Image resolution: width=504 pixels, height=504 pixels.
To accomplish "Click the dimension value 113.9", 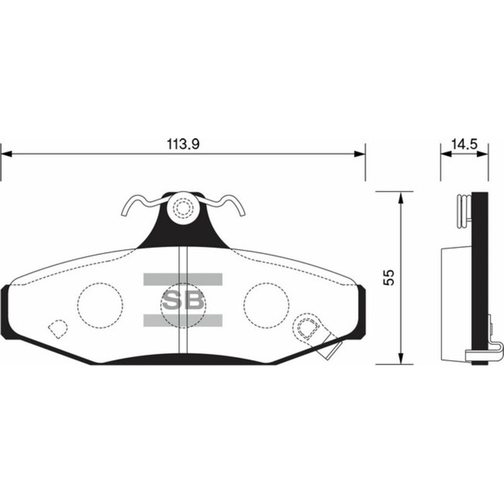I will pos(182,144).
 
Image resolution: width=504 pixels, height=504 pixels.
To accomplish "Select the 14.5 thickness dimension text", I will pos(464,144).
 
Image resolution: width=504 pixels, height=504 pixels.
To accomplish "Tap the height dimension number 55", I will pos(390,278).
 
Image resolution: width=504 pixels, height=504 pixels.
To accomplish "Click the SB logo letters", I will pos(183,300).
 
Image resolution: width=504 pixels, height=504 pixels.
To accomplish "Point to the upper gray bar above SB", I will pos(183,279).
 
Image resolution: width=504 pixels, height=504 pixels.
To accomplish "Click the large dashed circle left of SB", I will pos(100,305).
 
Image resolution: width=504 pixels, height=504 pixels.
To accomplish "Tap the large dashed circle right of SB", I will pos(266,305).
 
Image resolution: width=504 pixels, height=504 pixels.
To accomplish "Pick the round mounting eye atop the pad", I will pos(183,210).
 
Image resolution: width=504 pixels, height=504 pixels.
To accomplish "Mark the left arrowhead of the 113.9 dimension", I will pos(6,153).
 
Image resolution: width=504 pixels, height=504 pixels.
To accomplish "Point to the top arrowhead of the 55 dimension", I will pos(399,197).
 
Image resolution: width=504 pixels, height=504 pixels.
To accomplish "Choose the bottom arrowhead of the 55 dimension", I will pos(399,359).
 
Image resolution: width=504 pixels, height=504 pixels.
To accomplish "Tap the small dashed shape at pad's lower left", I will pos(57,328).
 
